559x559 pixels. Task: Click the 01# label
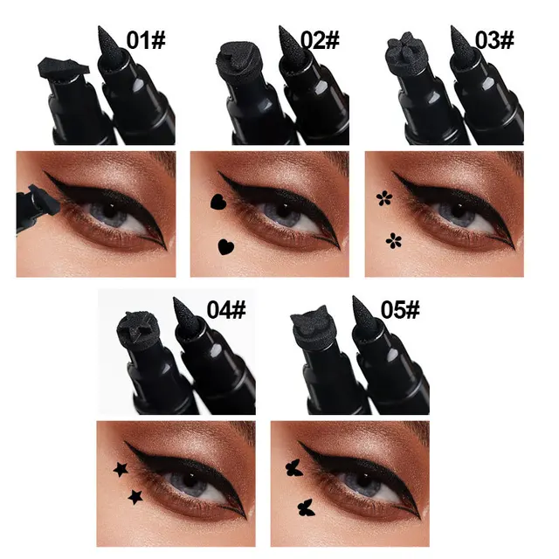point(146,40)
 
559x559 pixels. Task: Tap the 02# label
point(320,40)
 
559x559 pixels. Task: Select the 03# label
point(494,40)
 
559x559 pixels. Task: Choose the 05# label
point(401,309)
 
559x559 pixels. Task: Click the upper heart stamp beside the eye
point(217,203)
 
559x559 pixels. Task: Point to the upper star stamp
point(120,470)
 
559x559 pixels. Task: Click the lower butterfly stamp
point(306,506)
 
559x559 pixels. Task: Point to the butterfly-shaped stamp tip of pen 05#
point(314,328)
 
